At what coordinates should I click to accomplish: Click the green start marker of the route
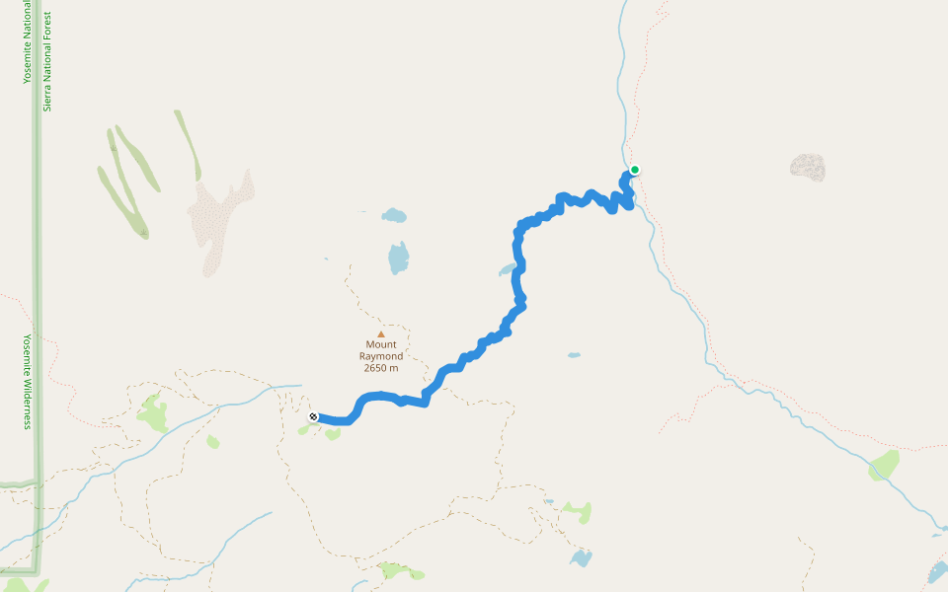click(635, 170)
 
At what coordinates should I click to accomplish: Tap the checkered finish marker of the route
click(313, 417)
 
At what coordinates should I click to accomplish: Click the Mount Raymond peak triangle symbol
click(380, 333)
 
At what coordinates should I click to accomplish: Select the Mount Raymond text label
click(380, 350)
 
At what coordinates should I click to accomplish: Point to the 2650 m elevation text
click(380, 368)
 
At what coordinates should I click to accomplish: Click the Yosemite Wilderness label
click(28, 381)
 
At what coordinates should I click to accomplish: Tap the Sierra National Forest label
click(46, 61)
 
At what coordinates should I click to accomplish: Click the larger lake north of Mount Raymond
click(398, 258)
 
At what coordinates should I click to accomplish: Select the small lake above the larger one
click(394, 215)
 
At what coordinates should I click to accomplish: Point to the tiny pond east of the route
click(573, 355)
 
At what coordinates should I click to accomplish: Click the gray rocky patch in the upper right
click(808, 167)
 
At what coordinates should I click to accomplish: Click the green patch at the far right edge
click(884, 465)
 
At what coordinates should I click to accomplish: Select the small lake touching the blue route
click(508, 268)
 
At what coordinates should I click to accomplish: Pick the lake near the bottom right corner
click(936, 572)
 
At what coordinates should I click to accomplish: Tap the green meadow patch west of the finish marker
click(153, 413)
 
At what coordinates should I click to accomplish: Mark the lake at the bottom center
click(581, 558)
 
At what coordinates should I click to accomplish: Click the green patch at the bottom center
click(400, 570)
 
